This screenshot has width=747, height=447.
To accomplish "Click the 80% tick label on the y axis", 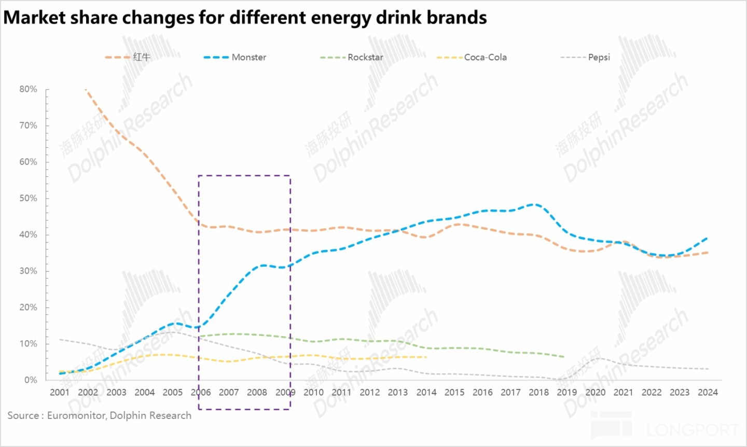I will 29,89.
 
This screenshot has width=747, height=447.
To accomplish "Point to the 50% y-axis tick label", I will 29,198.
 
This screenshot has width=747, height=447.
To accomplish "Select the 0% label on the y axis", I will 31,380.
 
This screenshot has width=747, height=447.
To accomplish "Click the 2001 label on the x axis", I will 60,393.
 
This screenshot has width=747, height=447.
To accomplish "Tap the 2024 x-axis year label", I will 708,393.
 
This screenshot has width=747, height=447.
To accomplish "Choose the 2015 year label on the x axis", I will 454,393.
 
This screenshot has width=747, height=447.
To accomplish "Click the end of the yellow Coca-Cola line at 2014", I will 426,357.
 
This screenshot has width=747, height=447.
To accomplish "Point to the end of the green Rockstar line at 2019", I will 564,357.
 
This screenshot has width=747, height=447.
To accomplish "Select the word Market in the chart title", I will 34,18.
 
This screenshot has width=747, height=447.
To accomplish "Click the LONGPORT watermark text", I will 693,430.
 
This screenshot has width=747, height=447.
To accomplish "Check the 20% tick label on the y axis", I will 29,307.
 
